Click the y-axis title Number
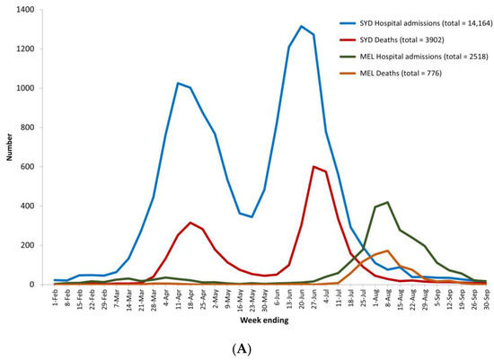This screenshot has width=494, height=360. pyautogui.click(x=9, y=146)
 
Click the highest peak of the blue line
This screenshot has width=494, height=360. pyautogui.click(x=301, y=26)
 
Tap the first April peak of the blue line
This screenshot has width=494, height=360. pyautogui.click(x=178, y=83)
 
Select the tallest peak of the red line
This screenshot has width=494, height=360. pyautogui.click(x=313, y=166)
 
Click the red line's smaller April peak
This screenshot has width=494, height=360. pyautogui.click(x=190, y=223)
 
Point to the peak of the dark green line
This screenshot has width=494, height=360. pyautogui.click(x=387, y=202)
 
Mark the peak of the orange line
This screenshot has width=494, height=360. pyautogui.click(x=387, y=250)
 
